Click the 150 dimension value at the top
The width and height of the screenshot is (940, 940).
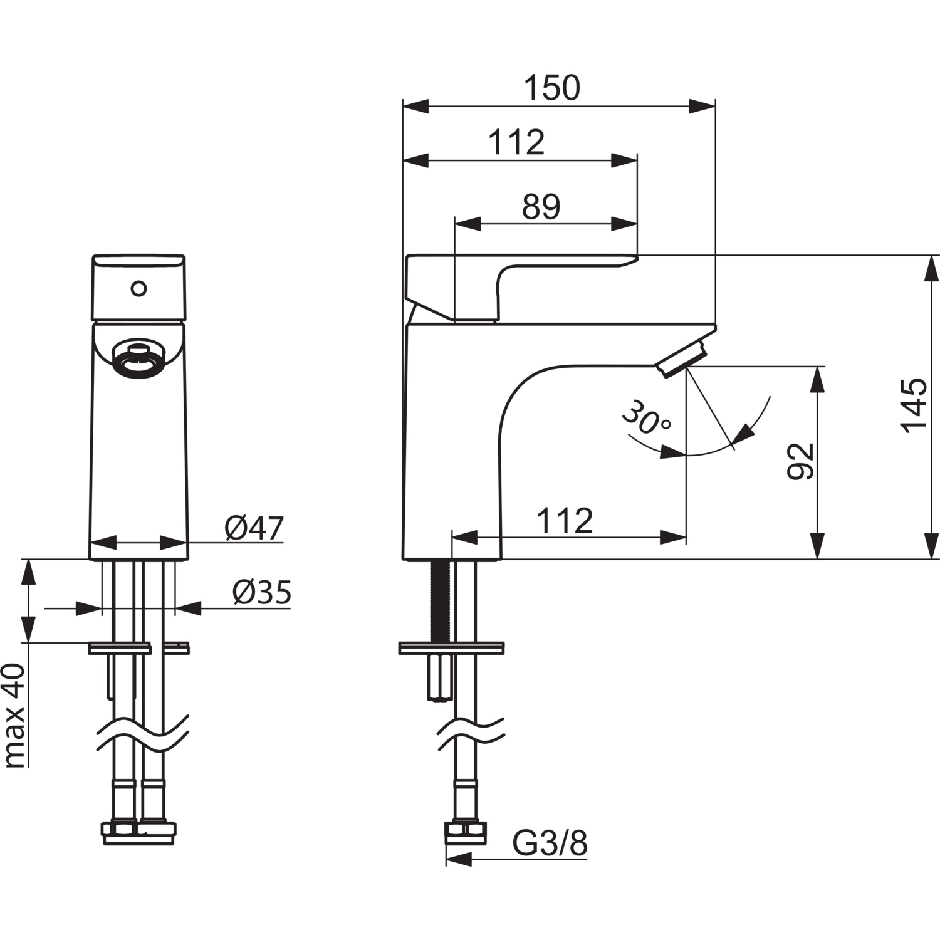pos(552,88)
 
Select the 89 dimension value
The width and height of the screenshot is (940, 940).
pos(541,206)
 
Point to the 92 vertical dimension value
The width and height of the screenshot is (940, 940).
pos(800,461)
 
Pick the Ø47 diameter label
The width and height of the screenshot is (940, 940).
pos(254,528)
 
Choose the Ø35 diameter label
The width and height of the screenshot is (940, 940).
pos(262,592)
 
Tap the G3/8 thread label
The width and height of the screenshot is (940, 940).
pos(550,843)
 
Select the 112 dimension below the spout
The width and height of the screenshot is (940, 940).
pos(565,521)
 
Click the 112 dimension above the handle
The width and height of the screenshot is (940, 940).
pos(516,142)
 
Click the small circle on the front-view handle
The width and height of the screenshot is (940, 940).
pos(138,289)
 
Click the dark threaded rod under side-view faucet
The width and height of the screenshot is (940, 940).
pos(440,600)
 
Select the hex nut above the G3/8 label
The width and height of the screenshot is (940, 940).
pos(466,832)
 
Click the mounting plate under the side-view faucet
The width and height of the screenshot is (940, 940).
pos(451,648)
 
